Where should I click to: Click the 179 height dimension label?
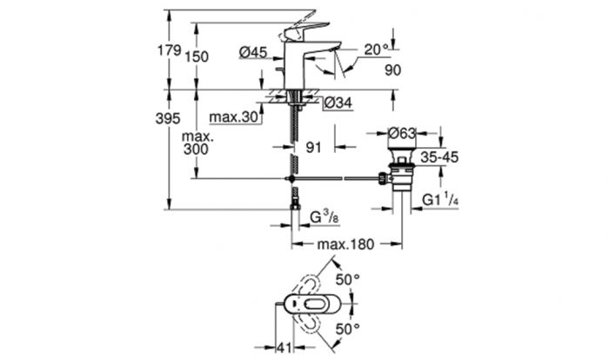coord(170,50)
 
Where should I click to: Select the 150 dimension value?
coord(197,57)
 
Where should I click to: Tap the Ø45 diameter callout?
coord(253,51)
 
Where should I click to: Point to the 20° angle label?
coord(376,49)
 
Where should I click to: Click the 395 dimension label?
coord(168,118)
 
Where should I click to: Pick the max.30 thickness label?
coord(233,117)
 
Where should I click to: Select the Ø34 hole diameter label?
coord(338,103)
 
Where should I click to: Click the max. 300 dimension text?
coord(197,143)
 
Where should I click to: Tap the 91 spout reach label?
coord(314,147)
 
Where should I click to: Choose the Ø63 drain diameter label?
coord(402,133)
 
